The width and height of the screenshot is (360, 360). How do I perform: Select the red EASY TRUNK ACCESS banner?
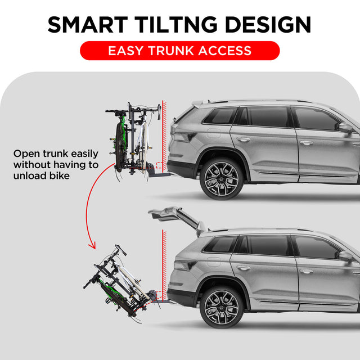179,51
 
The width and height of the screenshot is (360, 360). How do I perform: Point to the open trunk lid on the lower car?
174,217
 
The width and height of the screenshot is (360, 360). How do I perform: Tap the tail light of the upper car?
183,137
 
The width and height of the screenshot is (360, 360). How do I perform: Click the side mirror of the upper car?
344,128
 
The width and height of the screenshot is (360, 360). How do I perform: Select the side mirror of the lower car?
344,256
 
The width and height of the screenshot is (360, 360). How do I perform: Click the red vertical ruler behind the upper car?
162,135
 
